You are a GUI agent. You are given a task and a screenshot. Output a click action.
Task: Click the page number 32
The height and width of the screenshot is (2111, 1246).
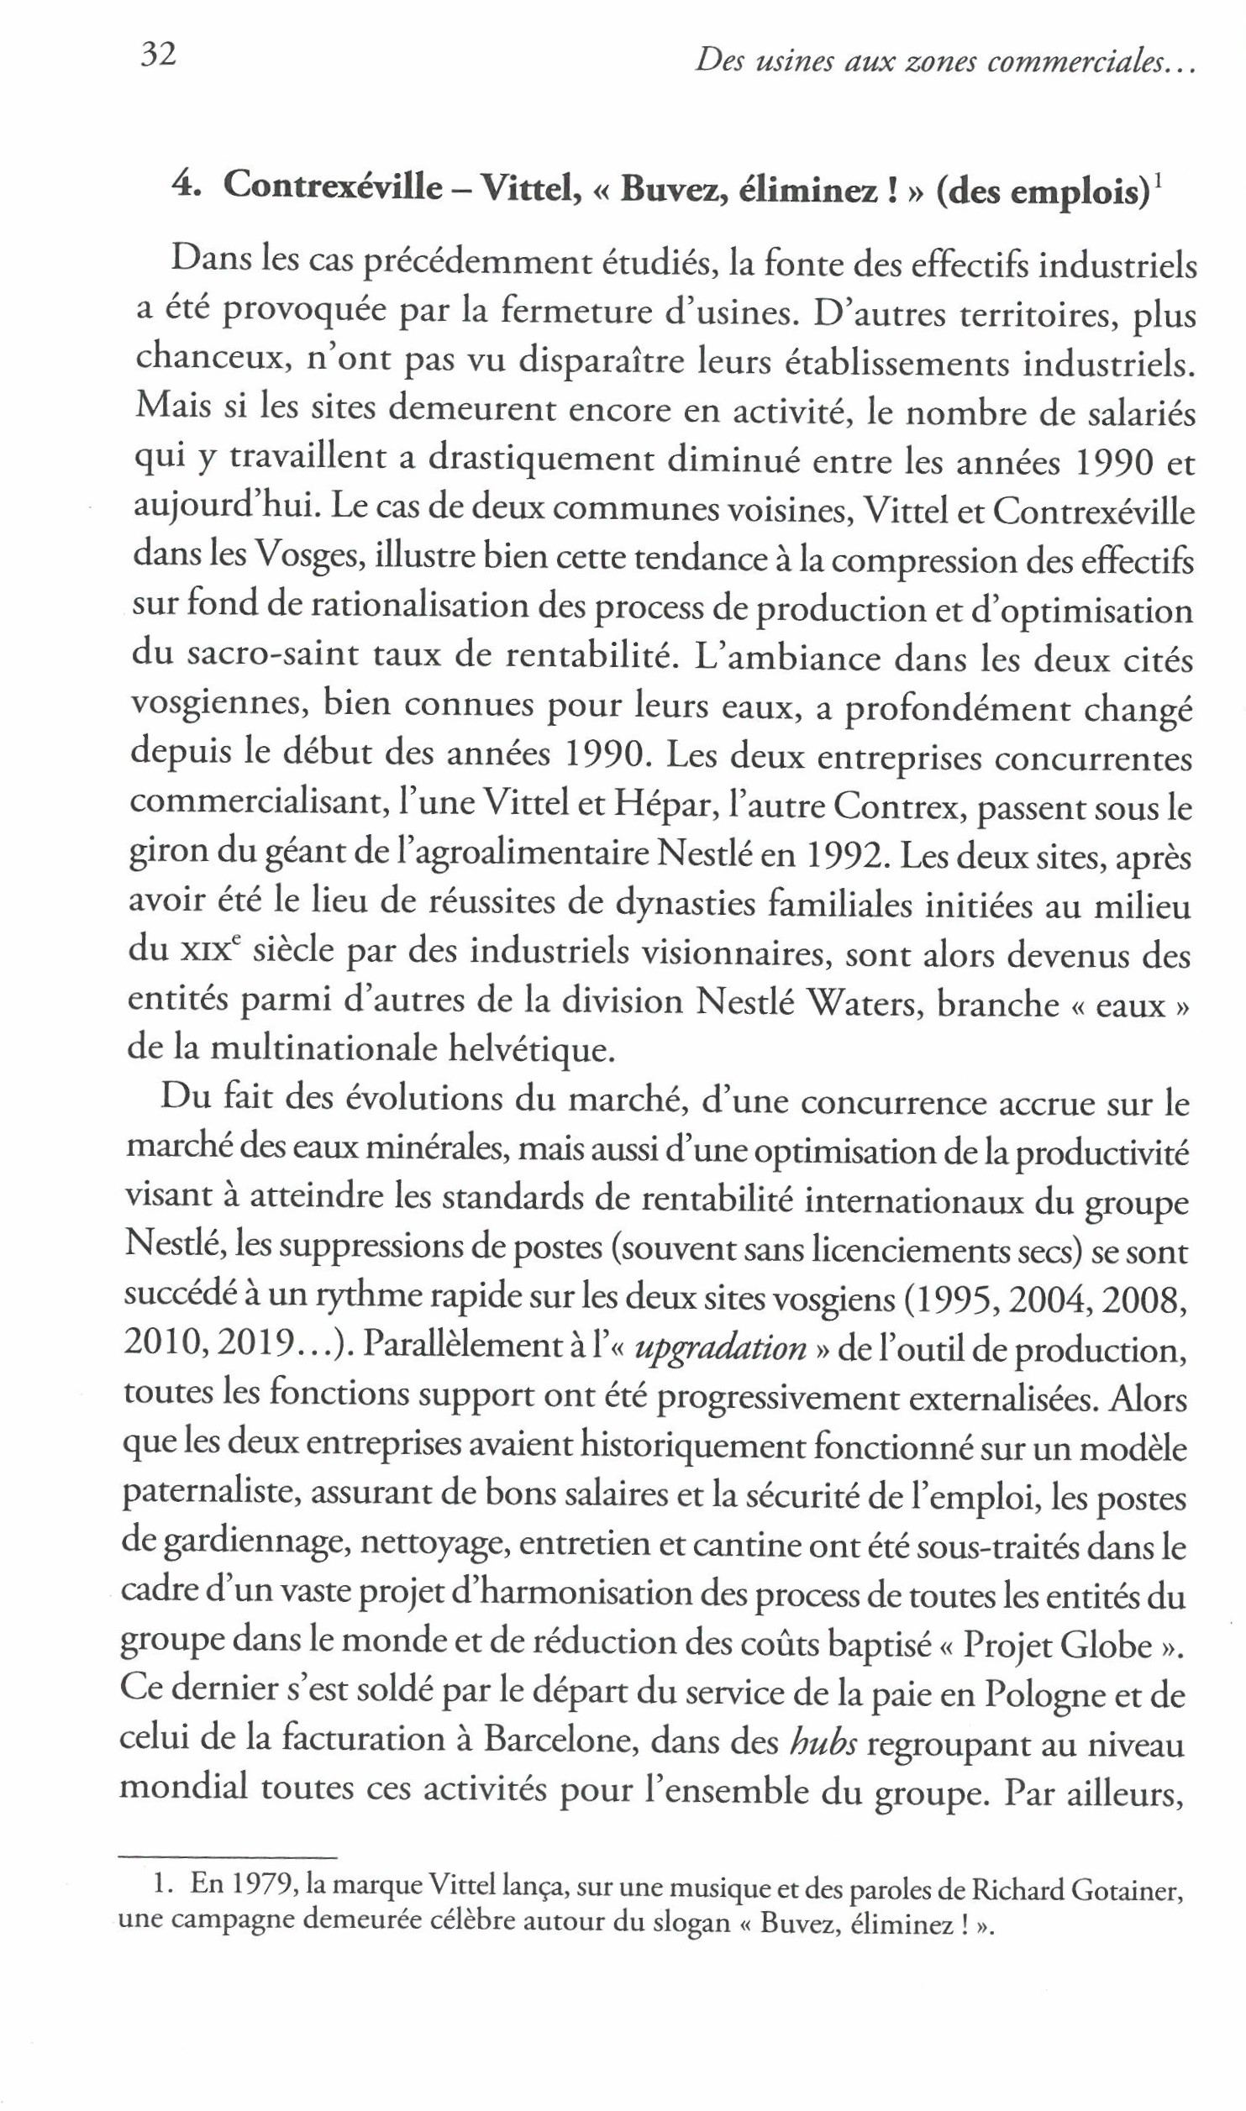[x=157, y=55]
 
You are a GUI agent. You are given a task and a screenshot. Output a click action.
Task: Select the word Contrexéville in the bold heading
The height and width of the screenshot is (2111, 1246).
[x=333, y=186]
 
